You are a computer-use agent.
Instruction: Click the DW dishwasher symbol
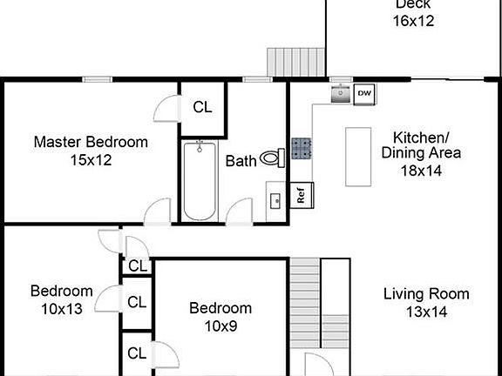(x=364, y=94)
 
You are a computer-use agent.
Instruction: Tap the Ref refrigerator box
(x=302, y=195)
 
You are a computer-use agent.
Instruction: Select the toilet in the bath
(x=273, y=158)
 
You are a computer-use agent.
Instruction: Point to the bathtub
(x=200, y=181)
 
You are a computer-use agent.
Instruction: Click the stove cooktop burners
(x=302, y=148)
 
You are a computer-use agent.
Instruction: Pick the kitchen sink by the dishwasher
(x=341, y=94)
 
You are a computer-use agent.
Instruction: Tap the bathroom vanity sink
(x=275, y=201)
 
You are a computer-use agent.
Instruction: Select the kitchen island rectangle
(x=358, y=157)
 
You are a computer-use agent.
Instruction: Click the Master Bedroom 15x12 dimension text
(x=91, y=160)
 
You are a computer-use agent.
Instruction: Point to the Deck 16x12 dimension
(x=413, y=21)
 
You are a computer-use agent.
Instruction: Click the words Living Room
(x=426, y=294)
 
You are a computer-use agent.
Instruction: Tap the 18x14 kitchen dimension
(x=421, y=171)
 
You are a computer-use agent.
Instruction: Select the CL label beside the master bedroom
(x=202, y=107)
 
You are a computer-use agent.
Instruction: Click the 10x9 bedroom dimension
(x=220, y=326)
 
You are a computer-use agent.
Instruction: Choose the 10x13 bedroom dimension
(x=62, y=309)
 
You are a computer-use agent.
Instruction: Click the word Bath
(x=241, y=161)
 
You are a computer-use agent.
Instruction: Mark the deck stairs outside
(x=296, y=62)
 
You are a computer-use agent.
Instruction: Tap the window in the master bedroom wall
(x=98, y=79)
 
